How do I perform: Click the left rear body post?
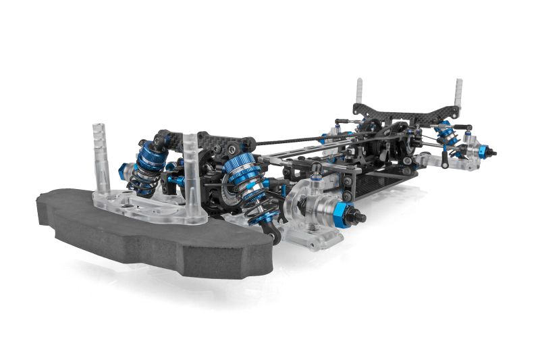click(x=359, y=95)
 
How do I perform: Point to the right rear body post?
click(x=458, y=95)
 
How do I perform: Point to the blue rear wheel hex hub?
click(x=483, y=151)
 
